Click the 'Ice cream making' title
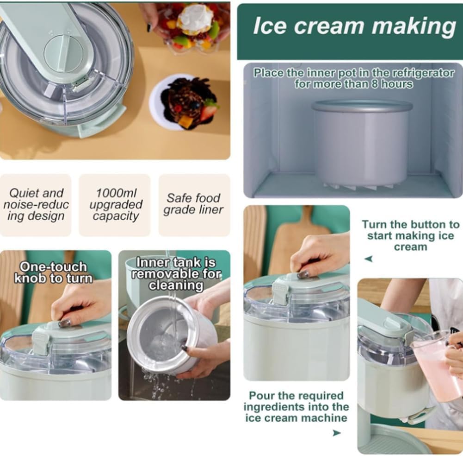pyautogui.click(x=354, y=26)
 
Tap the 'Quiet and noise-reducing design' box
pyautogui.click(x=36, y=204)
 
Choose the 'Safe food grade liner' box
pyautogui.click(x=194, y=204)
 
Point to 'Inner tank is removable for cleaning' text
pyautogui.click(x=175, y=274)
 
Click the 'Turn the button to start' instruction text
pyautogui.click(x=410, y=235)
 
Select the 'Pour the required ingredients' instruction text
pyautogui.click(x=296, y=406)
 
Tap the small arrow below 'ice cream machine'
pyautogui.click(x=337, y=433)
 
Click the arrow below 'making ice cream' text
pyautogui.click(x=369, y=259)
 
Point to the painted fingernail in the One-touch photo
pyautogui.click(x=65, y=323)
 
